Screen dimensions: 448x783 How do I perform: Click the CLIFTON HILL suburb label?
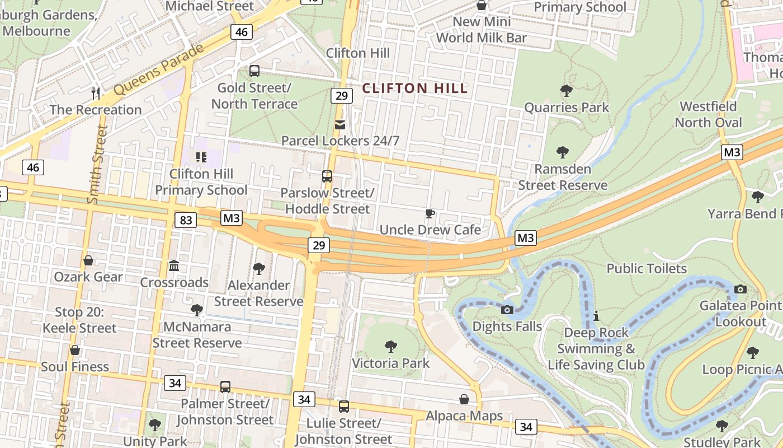tap(414, 88)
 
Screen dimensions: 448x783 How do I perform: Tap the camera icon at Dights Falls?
tap(507, 310)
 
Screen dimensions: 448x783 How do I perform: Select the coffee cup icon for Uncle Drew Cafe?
tap(430, 213)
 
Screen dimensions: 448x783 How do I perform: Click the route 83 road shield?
tap(186, 220)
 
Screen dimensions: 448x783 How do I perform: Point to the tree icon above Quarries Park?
tap(566, 90)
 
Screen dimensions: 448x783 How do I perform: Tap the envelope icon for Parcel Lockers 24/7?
tap(340, 124)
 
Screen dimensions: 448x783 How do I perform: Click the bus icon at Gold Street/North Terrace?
tap(254, 71)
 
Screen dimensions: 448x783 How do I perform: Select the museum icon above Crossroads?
tap(174, 265)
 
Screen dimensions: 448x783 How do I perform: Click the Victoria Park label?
tap(390, 363)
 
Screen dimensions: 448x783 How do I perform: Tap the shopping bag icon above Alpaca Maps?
tap(464, 399)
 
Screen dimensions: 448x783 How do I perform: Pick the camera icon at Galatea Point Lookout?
tap(740, 289)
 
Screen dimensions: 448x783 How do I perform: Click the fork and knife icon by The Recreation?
tap(96, 93)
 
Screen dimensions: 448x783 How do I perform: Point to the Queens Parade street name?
tap(159, 69)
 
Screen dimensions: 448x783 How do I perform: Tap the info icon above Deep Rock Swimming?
tap(596, 316)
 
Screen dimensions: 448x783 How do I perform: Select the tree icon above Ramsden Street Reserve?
tap(563, 152)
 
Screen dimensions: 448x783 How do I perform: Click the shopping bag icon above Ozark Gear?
tap(88, 260)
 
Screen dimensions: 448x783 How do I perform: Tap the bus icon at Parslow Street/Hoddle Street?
tap(327, 176)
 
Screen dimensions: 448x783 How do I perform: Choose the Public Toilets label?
tap(647, 269)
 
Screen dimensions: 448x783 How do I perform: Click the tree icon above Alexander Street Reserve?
tap(258, 269)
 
